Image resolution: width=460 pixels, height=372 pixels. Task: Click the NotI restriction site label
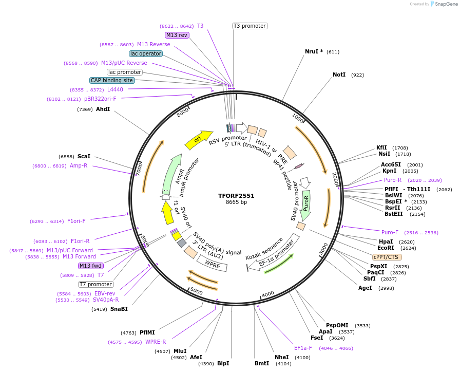point(339,75)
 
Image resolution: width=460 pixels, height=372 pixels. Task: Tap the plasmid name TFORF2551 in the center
point(236,196)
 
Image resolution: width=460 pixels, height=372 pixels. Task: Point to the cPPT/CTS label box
point(387,257)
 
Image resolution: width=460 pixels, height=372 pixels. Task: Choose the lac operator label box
point(146,53)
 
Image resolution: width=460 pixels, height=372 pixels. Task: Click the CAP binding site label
point(112,80)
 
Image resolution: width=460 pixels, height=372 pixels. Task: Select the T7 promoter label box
point(96,284)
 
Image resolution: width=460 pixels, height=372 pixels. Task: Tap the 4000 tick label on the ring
point(268,294)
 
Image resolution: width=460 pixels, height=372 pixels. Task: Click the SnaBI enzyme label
point(119,309)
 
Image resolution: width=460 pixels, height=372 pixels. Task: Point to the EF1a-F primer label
point(303,348)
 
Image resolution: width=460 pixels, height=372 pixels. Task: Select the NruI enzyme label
point(314,51)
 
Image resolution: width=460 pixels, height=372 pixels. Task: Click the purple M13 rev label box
point(177,35)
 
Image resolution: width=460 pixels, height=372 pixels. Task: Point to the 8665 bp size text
point(236,202)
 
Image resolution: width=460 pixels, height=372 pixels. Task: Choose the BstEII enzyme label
point(394,214)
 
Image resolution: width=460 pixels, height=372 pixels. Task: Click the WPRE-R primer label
point(156,342)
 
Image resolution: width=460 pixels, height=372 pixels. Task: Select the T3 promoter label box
point(250,26)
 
